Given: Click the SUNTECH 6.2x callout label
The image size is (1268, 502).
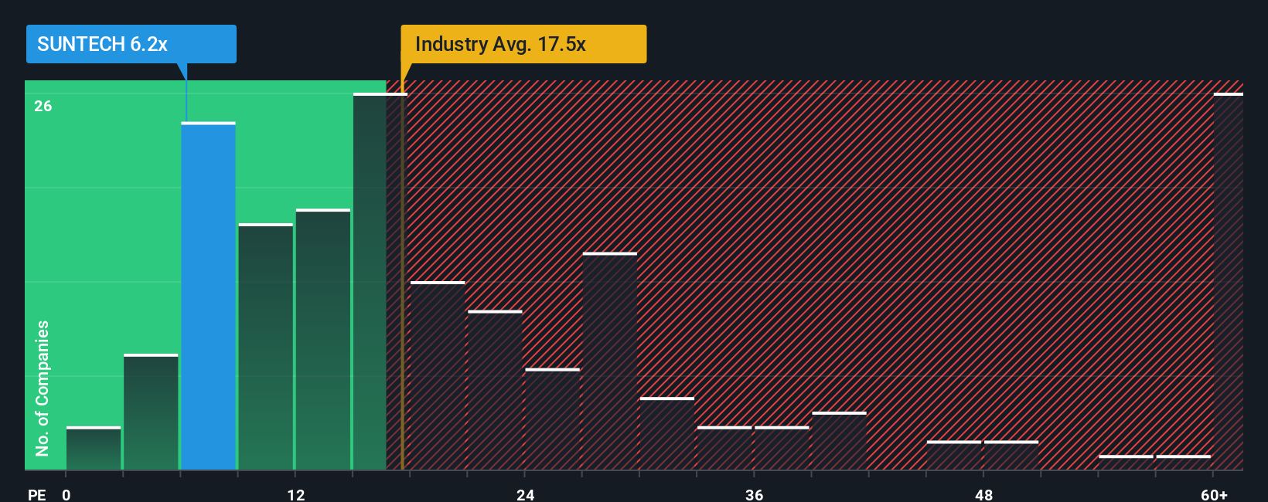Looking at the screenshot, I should tap(131, 44).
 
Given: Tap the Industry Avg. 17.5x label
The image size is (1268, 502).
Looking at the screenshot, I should tap(523, 44).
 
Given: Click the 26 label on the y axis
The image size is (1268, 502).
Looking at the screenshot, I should tap(43, 106).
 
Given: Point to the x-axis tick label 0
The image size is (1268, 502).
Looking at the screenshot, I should tap(66, 494).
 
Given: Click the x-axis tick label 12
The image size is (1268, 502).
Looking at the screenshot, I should tap(295, 494).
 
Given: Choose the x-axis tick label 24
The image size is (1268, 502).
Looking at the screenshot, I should tap(525, 494).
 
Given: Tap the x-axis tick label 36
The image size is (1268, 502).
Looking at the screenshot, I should tap(754, 494).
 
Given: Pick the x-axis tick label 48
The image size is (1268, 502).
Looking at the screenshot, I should tap(983, 494).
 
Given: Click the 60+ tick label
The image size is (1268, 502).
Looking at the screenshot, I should tap(1214, 494).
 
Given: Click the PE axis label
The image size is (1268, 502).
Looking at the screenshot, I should tap(37, 494).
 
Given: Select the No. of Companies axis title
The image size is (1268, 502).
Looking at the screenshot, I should tap(43, 388).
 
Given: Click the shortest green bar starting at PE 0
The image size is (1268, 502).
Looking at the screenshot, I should tap(94, 448).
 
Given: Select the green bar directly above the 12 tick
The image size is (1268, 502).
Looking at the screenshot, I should tap(322, 339).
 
